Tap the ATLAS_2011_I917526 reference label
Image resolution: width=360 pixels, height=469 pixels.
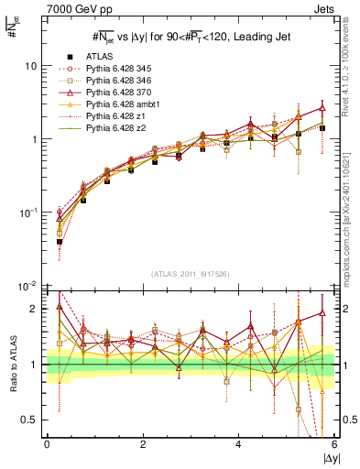[x=190, y=275]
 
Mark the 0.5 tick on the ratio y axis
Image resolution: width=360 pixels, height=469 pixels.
[x=28, y=420]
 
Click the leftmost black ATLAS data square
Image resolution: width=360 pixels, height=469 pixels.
[x=60, y=242]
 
